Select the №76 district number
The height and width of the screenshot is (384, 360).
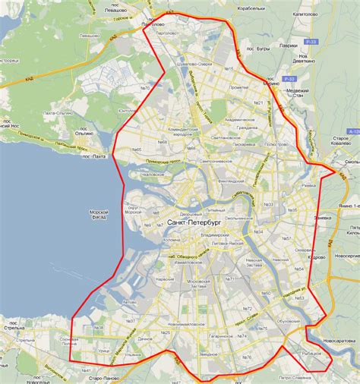(245, 357)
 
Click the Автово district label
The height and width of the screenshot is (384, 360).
(128, 302)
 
